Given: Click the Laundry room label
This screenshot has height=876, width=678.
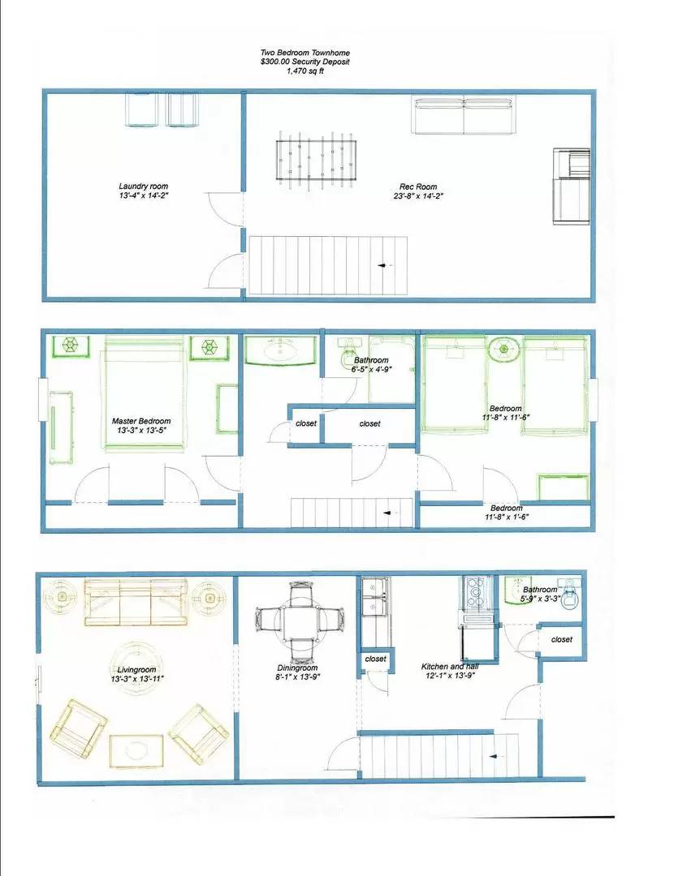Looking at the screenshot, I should click(144, 187).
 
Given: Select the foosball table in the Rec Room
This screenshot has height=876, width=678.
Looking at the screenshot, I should click(306, 160).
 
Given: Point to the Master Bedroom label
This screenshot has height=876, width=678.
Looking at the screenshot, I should click(141, 421).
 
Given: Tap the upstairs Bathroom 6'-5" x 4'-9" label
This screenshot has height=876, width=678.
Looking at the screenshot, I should click(371, 360).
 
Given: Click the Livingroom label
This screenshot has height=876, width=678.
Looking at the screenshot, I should click(130, 670).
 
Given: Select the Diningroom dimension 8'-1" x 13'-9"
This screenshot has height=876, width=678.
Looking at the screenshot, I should click(300, 679).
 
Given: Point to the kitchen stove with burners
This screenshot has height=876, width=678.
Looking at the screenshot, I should click(474, 596).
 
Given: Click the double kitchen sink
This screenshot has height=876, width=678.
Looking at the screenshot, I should click(376, 598).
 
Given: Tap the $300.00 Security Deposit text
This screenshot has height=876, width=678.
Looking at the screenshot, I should click(305, 62).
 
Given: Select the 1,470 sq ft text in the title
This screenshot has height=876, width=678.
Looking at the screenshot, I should click(305, 71).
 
